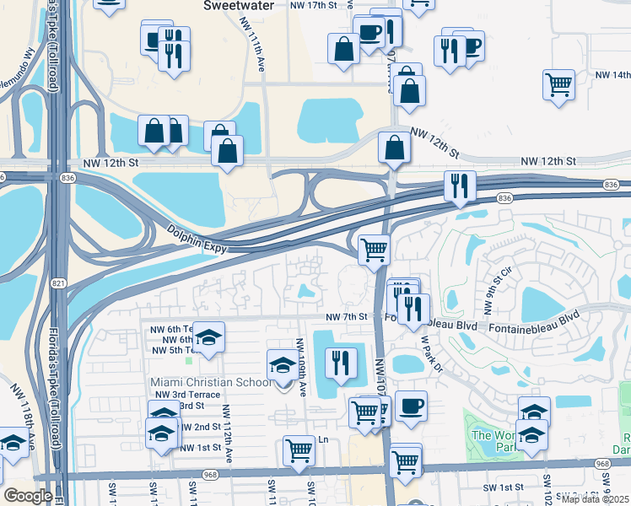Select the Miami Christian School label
click(210, 382)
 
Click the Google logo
click(28, 496)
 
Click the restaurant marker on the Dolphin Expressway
click(460, 186)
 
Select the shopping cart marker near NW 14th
click(558, 84)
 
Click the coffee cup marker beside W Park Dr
click(411, 406)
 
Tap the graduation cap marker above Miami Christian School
click(282, 364)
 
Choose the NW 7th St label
click(348, 316)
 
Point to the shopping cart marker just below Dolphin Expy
click(373, 249)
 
